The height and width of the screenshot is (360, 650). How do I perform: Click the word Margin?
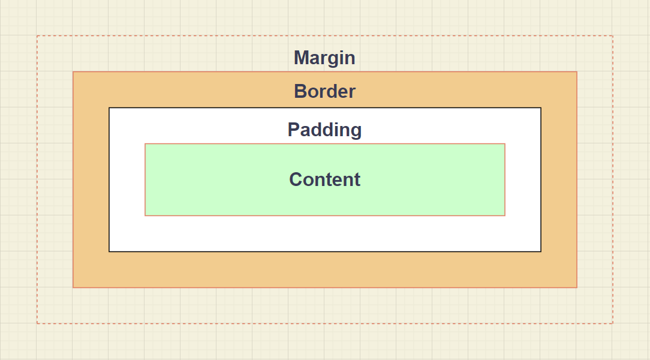[x=324, y=58]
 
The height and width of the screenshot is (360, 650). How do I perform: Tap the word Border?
[x=324, y=92]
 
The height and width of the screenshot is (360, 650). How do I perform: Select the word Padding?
[x=324, y=130]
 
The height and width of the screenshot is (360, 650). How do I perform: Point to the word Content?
[x=324, y=179]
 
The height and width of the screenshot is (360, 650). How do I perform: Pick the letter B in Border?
[x=300, y=92]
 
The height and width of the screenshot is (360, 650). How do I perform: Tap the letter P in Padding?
[x=294, y=130]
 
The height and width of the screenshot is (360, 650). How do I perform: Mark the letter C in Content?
[x=296, y=179]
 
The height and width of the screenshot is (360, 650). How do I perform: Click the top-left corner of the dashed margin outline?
[x=37, y=36]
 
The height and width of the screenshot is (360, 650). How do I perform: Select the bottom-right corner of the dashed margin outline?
[x=612, y=323]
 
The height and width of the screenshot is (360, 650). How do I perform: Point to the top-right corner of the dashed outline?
[x=612, y=36]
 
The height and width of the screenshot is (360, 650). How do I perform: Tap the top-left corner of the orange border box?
[x=73, y=72]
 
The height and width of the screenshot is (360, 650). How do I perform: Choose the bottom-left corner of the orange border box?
[x=73, y=287]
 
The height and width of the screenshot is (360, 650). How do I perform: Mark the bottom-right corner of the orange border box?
[x=576, y=287]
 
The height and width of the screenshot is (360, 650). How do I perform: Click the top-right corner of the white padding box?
[x=541, y=108]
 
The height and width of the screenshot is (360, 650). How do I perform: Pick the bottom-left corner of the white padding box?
[x=109, y=251]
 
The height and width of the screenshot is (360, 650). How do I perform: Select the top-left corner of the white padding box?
[x=109, y=108]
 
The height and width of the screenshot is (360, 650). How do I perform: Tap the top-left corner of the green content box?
[x=145, y=144]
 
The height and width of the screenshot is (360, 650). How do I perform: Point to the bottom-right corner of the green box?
[x=505, y=215]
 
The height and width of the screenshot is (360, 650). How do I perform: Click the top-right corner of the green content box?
[x=505, y=144]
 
